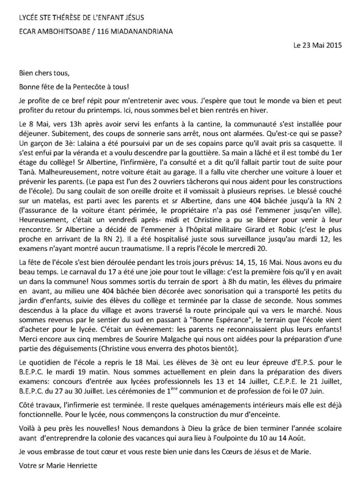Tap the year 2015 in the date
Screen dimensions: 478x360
[331, 45]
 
